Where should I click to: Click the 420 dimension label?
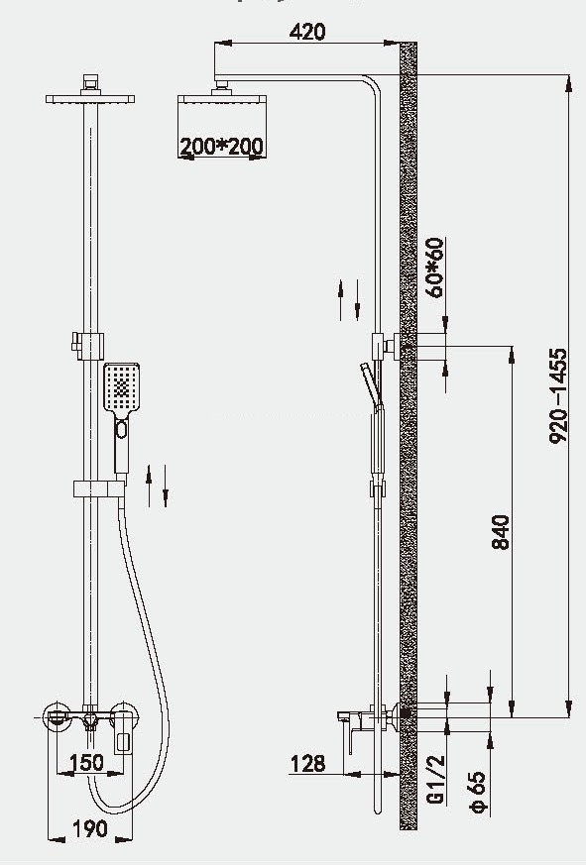pyautogui.click(x=307, y=32)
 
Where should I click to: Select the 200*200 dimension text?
pyautogui.click(x=221, y=147)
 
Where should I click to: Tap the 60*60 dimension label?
pyautogui.click(x=435, y=268)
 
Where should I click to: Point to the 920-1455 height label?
pyautogui.click(x=558, y=395)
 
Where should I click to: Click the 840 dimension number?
pyautogui.click(x=501, y=532)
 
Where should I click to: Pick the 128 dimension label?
pyautogui.click(x=307, y=764)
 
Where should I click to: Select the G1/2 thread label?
pyautogui.click(x=435, y=779)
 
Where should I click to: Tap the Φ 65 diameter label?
pyautogui.click(x=478, y=792)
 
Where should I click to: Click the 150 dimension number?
pyautogui.click(x=86, y=762)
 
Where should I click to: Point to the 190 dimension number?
pyautogui.click(x=90, y=828)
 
